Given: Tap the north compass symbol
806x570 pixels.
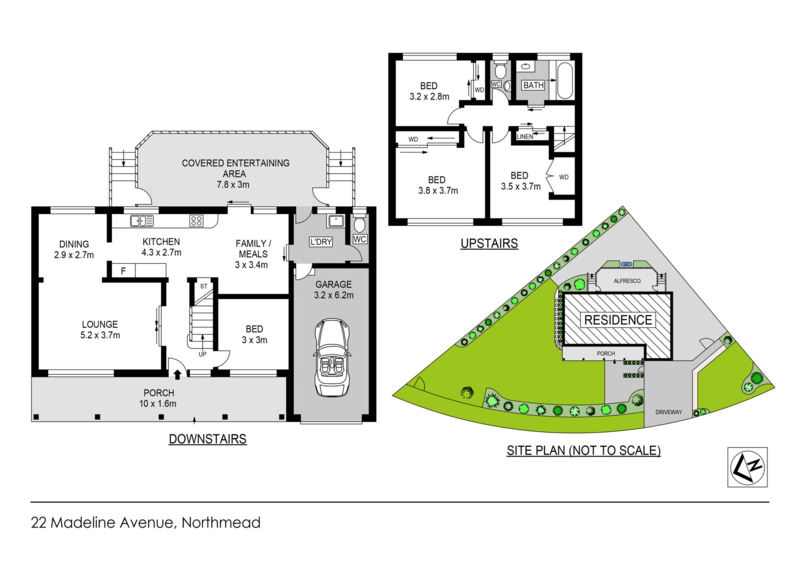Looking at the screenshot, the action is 747,467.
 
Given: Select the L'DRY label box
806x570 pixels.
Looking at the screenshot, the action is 321,242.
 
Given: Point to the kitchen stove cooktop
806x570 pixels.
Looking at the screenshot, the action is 196,221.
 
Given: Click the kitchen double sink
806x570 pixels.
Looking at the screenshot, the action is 142,221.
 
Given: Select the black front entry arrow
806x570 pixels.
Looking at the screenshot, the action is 178,374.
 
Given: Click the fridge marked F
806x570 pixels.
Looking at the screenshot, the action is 123,271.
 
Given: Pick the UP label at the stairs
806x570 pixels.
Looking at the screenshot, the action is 202,355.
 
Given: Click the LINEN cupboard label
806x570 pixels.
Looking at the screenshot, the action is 525,137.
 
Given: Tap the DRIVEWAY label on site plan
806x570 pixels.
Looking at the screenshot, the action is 669,412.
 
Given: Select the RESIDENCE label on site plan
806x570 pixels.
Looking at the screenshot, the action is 618,320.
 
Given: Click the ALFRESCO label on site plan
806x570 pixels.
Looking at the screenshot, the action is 627,281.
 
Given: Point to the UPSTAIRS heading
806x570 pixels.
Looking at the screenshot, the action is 489,244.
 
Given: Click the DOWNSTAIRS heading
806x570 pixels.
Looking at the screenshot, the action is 208,439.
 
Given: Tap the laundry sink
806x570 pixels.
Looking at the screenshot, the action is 336,221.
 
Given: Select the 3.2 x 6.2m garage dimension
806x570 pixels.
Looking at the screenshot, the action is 334,295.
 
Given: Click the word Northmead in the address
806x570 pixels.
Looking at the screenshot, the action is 221,523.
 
